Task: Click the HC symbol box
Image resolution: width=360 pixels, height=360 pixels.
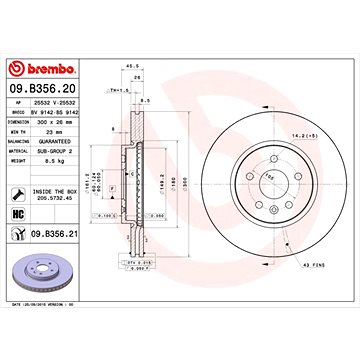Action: click(17, 212)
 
